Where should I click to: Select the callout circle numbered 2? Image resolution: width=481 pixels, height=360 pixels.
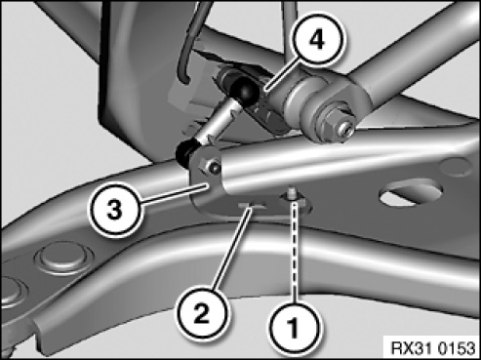click(x=202, y=312)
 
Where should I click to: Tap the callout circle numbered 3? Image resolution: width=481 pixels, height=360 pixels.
click(x=114, y=209)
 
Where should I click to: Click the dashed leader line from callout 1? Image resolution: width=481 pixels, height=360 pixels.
click(x=295, y=251)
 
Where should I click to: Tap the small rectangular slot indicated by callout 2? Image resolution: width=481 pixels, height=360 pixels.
click(x=251, y=206)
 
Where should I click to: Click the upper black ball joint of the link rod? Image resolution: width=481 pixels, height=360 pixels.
click(x=245, y=90)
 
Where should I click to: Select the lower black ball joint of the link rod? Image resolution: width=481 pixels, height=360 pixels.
click(x=186, y=153)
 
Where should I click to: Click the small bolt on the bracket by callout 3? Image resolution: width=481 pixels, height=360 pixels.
click(x=212, y=166)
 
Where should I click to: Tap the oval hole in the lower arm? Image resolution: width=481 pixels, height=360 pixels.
click(x=412, y=194)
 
